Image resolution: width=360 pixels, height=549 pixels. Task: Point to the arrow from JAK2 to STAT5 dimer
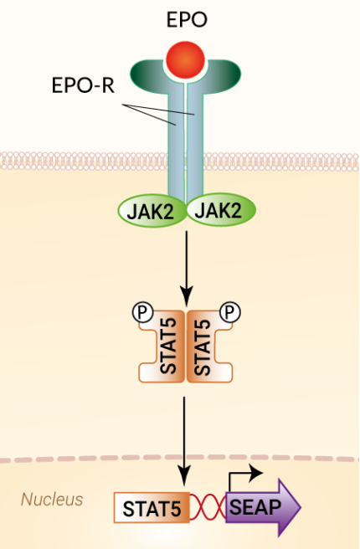point(186,268)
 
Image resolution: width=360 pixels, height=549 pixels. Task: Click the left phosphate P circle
point(142,313)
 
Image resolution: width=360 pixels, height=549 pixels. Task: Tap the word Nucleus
point(52,500)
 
